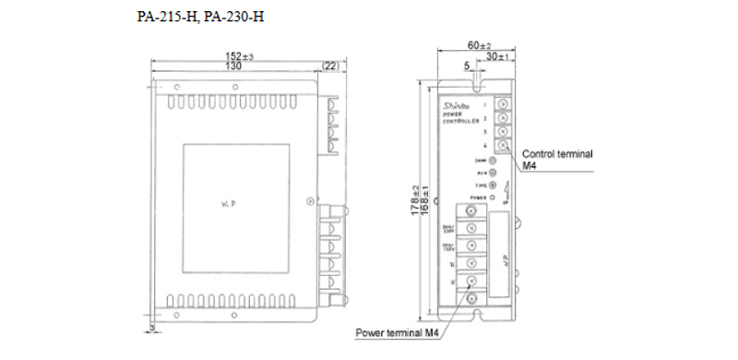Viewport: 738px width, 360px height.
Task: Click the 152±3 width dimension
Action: (241, 57)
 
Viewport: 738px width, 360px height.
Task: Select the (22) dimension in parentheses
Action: (330, 67)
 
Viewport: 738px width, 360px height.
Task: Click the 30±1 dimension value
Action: (499, 56)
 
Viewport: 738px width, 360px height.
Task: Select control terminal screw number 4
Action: (502, 146)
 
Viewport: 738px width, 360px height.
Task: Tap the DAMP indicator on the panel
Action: (492, 160)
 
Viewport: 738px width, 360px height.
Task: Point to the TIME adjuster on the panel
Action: (492, 185)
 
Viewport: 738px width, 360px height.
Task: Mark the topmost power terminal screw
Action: (471, 227)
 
